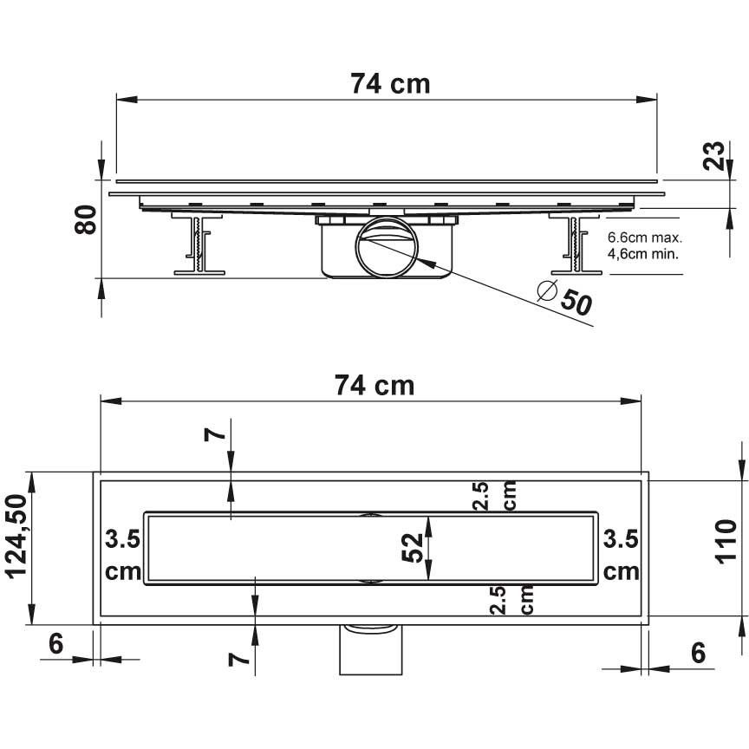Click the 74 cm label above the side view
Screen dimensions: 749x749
(390, 83)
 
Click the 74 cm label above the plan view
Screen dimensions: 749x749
(374, 385)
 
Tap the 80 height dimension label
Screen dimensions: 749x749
(86, 219)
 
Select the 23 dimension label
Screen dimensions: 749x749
(713, 156)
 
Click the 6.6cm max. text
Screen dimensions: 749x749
(645, 238)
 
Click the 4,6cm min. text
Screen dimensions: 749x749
(643, 254)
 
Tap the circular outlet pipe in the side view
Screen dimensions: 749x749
(387, 247)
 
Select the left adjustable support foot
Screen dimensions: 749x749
(199, 244)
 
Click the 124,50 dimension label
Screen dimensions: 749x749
(16, 537)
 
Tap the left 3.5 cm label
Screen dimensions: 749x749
(123, 556)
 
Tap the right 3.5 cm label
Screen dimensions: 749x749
(621, 556)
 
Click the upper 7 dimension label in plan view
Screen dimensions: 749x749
(214, 434)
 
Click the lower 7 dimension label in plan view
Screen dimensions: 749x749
(238, 659)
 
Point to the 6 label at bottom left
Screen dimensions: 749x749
(55, 644)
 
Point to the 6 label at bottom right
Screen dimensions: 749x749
(698, 653)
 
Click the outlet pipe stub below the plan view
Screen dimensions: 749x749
(371, 649)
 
